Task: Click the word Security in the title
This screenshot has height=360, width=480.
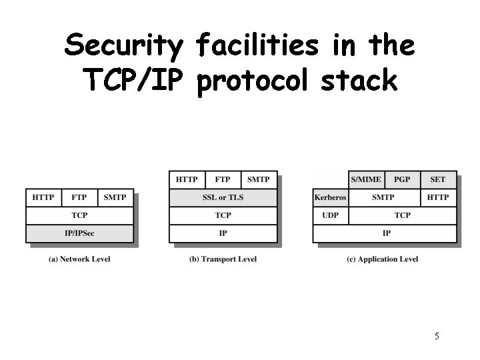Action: coord(123,46)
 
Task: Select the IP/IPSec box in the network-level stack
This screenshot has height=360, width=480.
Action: coord(79,233)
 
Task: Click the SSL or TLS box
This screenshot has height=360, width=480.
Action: coord(223,197)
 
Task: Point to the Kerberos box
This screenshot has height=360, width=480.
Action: coord(330,197)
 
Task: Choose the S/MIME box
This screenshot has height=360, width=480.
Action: coord(366,179)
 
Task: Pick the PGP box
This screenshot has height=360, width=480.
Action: coord(402,179)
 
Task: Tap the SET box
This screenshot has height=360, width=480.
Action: coord(438,179)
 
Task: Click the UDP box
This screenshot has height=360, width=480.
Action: coord(330,215)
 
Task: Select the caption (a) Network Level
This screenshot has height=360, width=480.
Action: coord(80,259)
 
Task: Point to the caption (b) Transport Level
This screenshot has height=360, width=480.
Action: coord(223,259)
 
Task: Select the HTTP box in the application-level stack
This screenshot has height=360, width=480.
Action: coord(438,197)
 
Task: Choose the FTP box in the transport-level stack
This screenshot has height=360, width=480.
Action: coord(223,179)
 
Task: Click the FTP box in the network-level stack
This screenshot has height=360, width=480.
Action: coord(79,197)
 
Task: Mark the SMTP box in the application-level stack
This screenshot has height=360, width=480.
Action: coord(384,197)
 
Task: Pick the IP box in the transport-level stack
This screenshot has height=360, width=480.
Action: coord(223,233)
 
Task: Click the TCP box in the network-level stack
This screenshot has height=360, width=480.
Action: coord(79,215)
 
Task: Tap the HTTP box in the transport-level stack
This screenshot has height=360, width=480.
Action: coord(187,179)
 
